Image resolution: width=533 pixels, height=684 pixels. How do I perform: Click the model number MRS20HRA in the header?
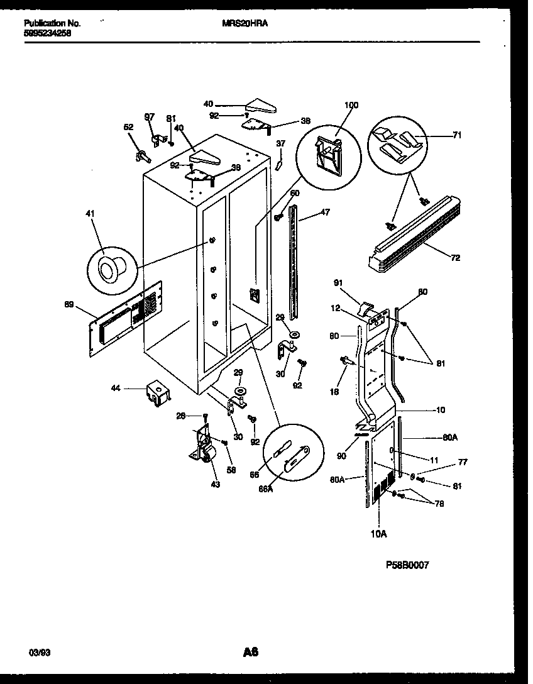pos(245,23)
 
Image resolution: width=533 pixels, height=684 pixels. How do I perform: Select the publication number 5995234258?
pos(47,34)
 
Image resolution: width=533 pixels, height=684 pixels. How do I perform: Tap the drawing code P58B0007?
pos(407,565)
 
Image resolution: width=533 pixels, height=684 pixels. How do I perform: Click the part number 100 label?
pos(351,105)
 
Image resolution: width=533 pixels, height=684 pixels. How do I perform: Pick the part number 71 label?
pos(457,135)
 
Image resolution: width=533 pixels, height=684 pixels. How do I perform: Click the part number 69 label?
pos(69,305)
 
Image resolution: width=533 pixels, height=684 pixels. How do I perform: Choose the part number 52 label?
pos(128,127)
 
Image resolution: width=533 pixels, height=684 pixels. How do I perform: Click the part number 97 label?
pos(149,117)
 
